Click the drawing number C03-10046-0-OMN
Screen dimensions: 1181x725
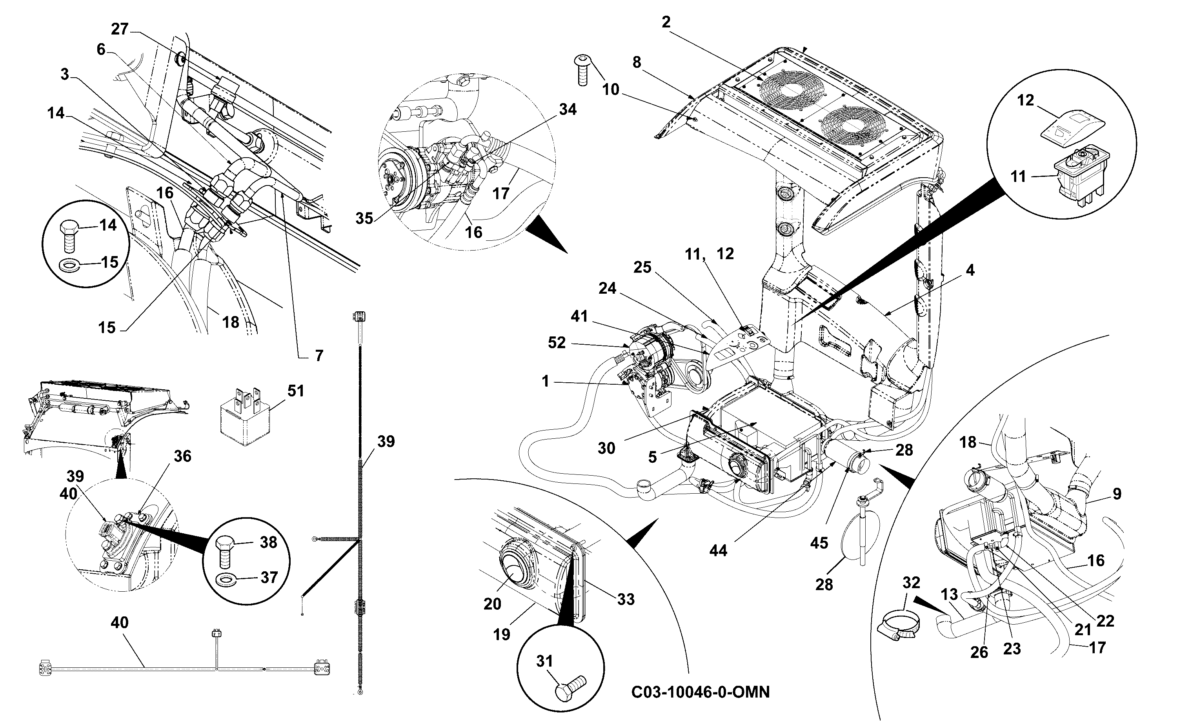701,692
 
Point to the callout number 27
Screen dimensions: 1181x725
120,29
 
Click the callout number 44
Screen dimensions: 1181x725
718,551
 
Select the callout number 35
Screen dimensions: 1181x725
364,218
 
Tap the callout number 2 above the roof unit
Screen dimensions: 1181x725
666,22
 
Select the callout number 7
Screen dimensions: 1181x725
319,355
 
